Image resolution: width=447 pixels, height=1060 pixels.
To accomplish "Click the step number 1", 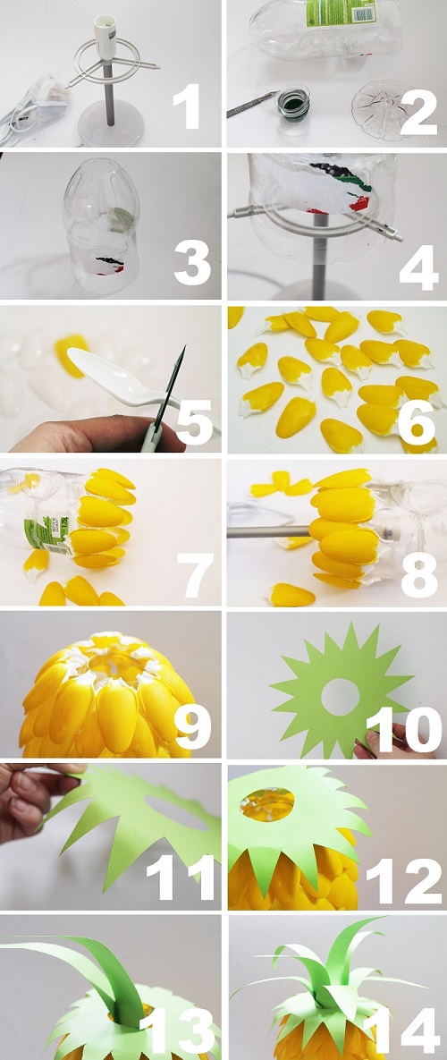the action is click(x=187, y=107).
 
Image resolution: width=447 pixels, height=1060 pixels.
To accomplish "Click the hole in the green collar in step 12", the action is click(x=266, y=804).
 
